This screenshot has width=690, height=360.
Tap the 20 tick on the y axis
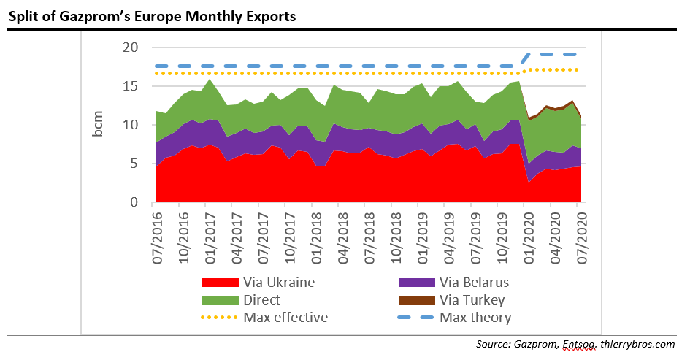(x=131, y=47)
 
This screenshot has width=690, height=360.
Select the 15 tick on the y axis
(x=131, y=86)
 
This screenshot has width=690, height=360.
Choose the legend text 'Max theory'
(x=475, y=318)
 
